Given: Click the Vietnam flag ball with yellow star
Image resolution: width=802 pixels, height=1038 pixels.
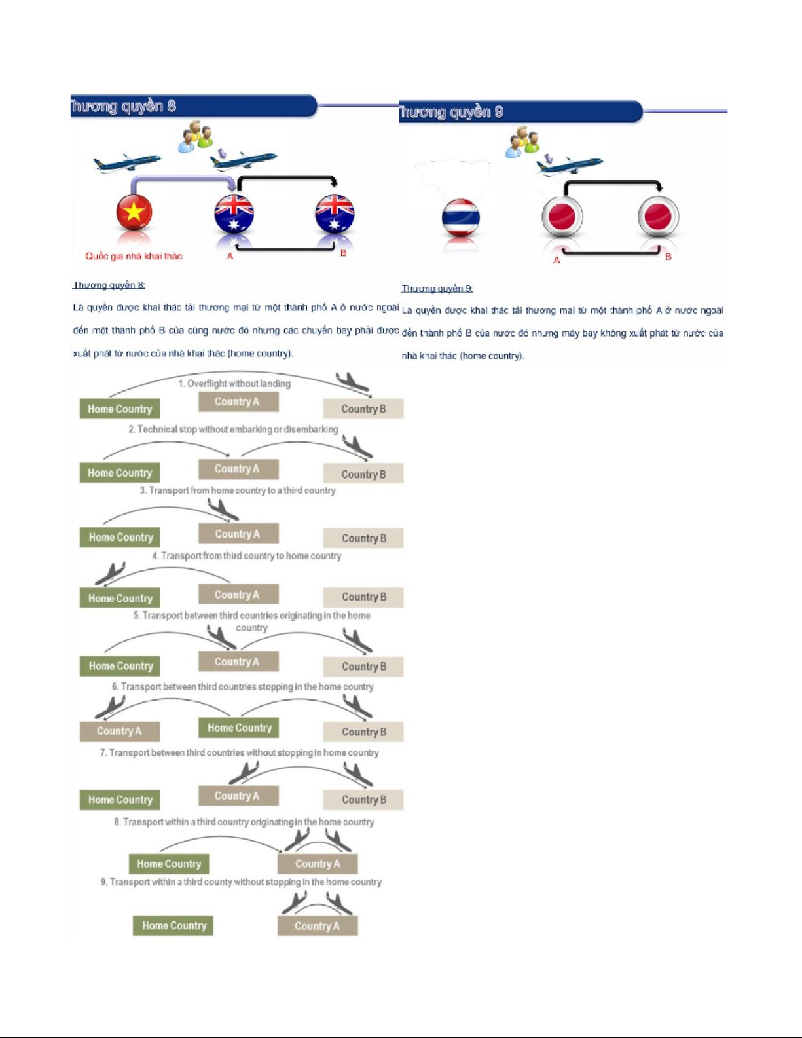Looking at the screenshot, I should tap(134, 212).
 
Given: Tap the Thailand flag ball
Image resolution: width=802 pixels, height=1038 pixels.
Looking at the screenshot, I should tap(461, 218).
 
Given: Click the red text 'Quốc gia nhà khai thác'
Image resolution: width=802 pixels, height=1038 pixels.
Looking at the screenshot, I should tap(134, 256).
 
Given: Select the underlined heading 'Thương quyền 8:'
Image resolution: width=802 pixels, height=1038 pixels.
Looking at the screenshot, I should tap(109, 285).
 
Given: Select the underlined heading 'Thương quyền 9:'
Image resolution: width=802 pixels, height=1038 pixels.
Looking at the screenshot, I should tap(437, 288).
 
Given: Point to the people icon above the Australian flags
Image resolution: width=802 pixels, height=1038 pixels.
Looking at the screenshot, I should tap(196, 136).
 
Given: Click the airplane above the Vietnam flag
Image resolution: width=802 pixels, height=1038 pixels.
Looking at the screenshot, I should tap(126, 162).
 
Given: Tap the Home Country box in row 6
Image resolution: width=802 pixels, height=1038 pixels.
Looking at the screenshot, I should tap(239, 728).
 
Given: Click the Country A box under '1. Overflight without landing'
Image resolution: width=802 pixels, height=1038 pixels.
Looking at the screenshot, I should tap(238, 401).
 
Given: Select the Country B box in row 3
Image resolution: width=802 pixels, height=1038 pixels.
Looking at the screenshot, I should tap(363, 538).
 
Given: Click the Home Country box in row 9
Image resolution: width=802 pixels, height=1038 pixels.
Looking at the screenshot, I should tap(173, 925).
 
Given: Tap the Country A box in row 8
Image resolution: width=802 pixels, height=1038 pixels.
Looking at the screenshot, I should tap(318, 864).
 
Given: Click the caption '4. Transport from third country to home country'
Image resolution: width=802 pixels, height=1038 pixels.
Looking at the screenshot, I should tap(247, 556).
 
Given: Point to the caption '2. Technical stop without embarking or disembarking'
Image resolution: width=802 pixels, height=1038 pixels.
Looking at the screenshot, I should tap(233, 429).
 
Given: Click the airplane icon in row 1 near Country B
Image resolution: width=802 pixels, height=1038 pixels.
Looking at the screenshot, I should tap(352, 382).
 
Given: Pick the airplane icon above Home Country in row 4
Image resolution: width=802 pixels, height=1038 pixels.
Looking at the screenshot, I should tap(110, 573).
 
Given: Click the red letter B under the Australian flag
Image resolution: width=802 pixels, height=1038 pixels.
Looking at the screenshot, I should tap(343, 252).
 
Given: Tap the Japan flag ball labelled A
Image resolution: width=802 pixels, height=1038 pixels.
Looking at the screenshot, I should tap(562, 217).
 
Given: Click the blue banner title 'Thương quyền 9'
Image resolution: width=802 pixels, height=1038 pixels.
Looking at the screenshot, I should tap(452, 112).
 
